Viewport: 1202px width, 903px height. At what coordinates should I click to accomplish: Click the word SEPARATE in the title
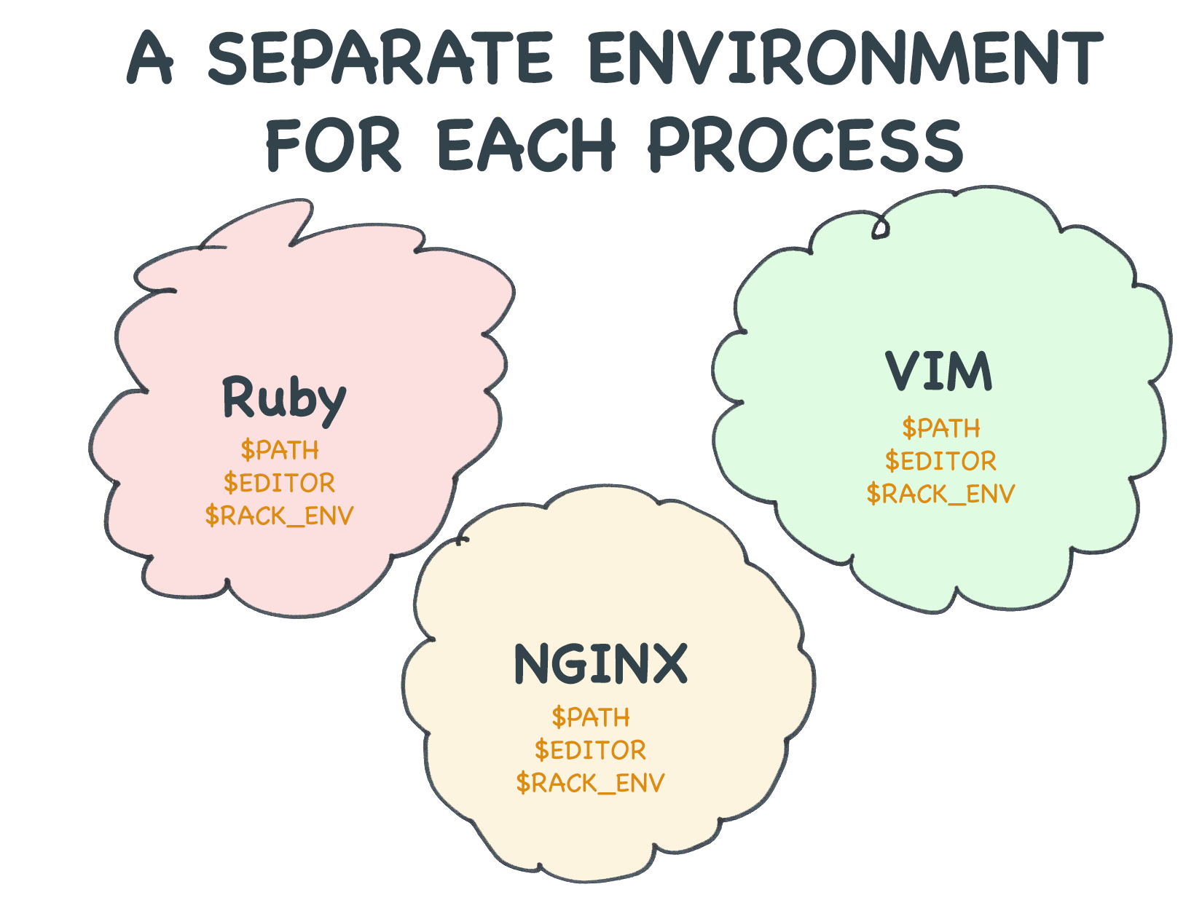click(x=380, y=58)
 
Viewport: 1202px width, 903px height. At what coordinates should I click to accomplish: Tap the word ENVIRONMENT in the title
click(x=846, y=58)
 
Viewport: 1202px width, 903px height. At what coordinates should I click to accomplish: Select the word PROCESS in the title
click(x=804, y=144)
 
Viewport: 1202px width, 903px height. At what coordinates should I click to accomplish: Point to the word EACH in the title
click(x=526, y=144)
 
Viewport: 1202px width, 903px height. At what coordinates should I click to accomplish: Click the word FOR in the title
click(x=334, y=144)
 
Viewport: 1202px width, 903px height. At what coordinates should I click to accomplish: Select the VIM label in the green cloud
click(x=938, y=371)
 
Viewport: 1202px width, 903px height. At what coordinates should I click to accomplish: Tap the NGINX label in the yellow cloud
click(x=601, y=664)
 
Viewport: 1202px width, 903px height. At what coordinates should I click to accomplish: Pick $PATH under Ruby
click(x=280, y=450)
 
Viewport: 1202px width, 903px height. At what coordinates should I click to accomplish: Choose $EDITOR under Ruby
click(x=279, y=483)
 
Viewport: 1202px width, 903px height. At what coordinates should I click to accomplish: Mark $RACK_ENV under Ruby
click(x=279, y=516)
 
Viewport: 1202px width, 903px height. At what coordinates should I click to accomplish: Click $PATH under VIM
click(x=940, y=428)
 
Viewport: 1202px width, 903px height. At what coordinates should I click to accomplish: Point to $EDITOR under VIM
click(x=940, y=461)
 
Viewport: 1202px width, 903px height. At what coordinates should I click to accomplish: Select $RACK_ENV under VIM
click(x=940, y=494)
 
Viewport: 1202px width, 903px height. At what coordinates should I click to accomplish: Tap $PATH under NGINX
click(x=591, y=717)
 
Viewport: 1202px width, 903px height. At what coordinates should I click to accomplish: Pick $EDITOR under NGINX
click(x=590, y=750)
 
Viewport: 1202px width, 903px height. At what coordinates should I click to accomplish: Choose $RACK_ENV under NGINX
click(x=590, y=783)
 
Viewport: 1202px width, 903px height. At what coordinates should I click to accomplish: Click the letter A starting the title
click(x=149, y=58)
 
